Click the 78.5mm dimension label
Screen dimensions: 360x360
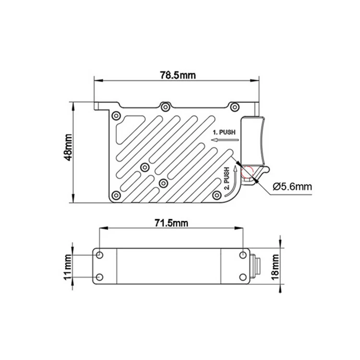[173, 75]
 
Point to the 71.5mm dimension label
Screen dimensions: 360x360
[171, 223]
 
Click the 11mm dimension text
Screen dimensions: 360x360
[68, 266]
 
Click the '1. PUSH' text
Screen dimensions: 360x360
[225, 132]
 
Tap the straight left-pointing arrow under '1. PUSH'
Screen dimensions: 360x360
[224, 140]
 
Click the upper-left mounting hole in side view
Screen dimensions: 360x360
[99, 254]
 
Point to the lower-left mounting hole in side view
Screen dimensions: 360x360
[99, 277]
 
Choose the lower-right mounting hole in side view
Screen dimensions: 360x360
[243, 277]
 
